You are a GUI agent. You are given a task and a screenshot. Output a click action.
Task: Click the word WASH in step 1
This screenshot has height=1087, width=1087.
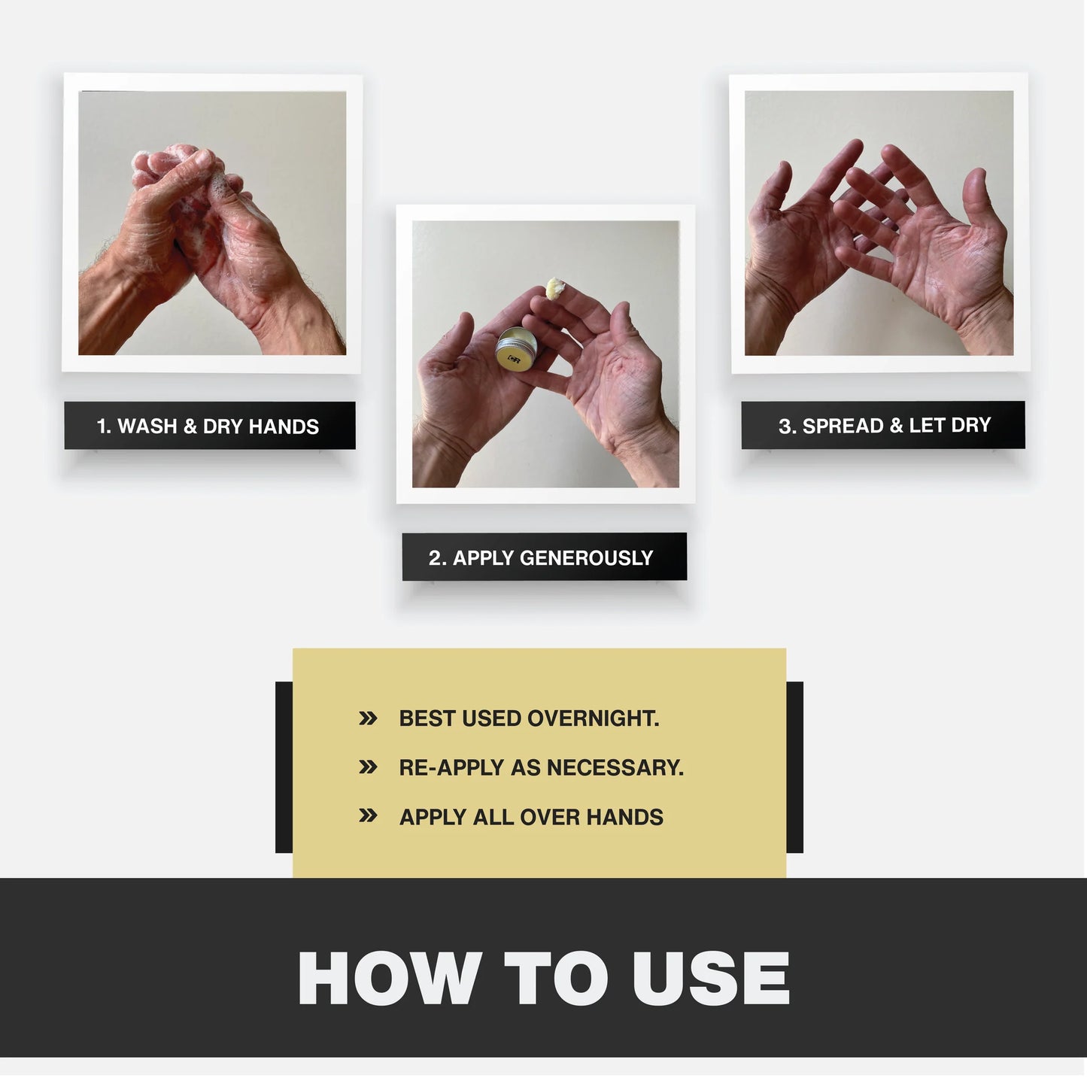coord(147,426)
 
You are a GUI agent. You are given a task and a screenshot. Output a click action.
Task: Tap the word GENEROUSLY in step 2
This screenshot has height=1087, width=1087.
coord(586,558)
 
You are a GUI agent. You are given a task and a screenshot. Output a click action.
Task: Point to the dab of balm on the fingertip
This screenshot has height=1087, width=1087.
coord(556,287)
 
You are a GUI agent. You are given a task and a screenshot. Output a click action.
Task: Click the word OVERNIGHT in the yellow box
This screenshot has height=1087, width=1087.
coord(593,718)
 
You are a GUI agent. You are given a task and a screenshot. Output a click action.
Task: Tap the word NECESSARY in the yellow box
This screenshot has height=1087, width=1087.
coord(615,768)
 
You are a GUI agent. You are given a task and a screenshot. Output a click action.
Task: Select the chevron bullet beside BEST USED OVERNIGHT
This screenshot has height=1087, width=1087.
coord(368,718)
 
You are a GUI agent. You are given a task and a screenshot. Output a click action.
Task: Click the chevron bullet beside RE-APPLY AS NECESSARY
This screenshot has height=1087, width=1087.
coord(368,767)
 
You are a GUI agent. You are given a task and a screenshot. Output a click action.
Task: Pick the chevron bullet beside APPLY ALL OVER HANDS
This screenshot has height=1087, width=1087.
coord(368,815)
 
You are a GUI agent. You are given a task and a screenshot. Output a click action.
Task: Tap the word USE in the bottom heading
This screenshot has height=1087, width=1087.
coord(711,978)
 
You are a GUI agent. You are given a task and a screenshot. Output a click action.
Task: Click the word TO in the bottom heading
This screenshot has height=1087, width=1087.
coord(556,978)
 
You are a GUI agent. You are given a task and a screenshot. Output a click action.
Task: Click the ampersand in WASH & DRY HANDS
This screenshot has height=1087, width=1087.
coord(190,427)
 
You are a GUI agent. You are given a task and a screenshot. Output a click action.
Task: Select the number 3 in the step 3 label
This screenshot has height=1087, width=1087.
coord(785,426)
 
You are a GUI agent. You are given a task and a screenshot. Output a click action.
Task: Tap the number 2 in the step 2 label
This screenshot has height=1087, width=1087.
coord(434,558)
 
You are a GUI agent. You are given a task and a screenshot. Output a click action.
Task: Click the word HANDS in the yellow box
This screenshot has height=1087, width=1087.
coord(624,818)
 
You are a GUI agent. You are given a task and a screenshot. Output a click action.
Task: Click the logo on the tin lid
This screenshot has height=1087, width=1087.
coord(513,359)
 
